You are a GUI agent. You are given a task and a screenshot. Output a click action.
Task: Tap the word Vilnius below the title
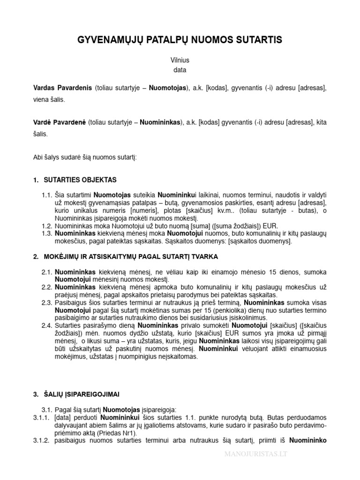(x=180, y=60)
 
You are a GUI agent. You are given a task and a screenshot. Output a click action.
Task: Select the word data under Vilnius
(x=180, y=70)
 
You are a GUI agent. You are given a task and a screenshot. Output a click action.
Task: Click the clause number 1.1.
(x=47, y=194)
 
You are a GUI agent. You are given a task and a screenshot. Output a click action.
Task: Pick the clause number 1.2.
(x=47, y=225)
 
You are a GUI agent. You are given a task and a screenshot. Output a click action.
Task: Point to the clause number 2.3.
(x=47, y=302)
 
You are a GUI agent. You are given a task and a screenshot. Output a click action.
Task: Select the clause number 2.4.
(x=47, y=325)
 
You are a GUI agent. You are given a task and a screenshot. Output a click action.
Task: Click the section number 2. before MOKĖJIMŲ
(x=36, y=257)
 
